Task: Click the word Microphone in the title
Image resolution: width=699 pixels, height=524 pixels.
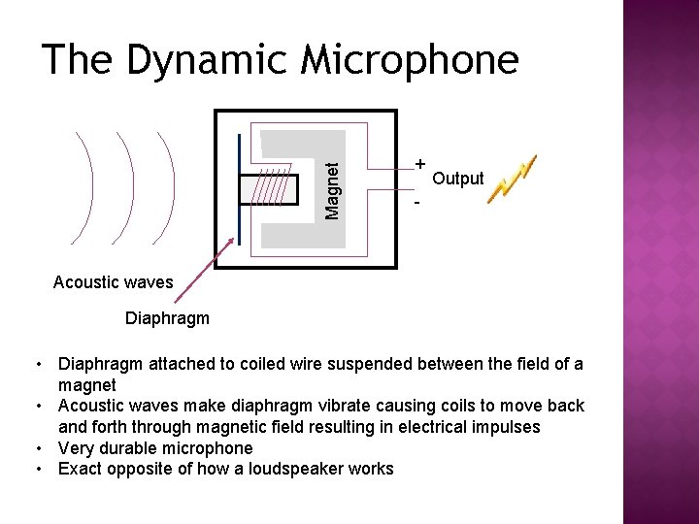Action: tap(410, 60)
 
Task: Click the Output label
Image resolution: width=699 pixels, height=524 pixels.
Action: tap(457, 179)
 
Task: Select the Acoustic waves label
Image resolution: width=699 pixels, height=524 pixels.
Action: tap(113, 283)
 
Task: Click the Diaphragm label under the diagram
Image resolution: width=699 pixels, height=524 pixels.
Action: tap(168, 317)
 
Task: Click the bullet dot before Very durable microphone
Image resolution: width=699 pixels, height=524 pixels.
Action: tap(36, 448)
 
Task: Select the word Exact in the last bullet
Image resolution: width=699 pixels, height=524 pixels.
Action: tap(81, 470)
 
